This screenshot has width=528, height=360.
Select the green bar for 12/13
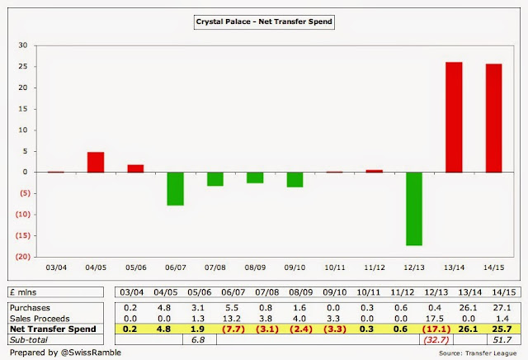(413, 209)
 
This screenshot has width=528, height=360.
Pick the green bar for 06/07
(176, 188)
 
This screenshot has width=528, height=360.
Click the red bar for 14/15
(493, 118)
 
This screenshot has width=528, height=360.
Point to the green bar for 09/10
(295, 180)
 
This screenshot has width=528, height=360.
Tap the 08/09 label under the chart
(255, 268)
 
